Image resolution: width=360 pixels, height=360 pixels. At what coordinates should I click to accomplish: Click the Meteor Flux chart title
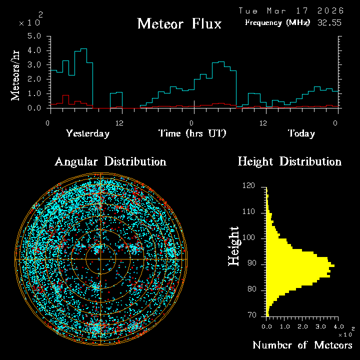[179, 23]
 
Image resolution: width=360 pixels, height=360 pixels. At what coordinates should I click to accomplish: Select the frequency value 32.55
[329, 22]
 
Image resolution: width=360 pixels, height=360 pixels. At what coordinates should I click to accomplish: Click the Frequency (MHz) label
[277, 22]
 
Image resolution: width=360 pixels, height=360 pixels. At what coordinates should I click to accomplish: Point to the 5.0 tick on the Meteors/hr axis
[34, 36]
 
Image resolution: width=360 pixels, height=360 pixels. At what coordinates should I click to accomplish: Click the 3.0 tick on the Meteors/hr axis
[34, 65]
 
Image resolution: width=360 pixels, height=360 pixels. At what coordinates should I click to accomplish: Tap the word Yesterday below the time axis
[87, 133]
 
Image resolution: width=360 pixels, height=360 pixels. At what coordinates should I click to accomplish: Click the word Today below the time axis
[301, 133]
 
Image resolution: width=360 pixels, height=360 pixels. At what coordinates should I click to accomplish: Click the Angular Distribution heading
[110, 161]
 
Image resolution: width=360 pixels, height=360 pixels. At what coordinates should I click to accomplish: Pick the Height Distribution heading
[289, 161]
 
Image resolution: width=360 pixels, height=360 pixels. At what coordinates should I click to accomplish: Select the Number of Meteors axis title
[302, 345]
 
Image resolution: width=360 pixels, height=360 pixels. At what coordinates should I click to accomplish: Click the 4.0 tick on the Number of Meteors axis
[338, 326]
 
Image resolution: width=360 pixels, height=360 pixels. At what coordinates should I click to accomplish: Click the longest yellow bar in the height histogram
[300, 265]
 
